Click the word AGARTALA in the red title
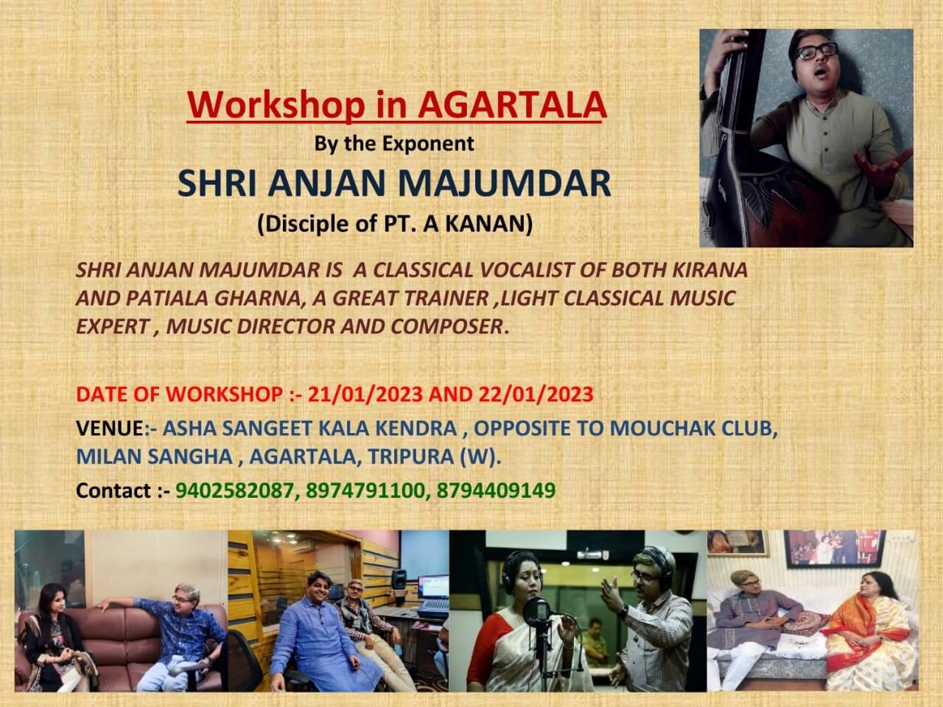[512, 105]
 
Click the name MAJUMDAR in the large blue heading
[505, 183]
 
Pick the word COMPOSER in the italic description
[446, 327]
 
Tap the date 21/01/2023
[365, 394]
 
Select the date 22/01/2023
[536, 394]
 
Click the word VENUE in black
[110, 428]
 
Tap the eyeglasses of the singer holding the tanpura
[817, 52]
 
